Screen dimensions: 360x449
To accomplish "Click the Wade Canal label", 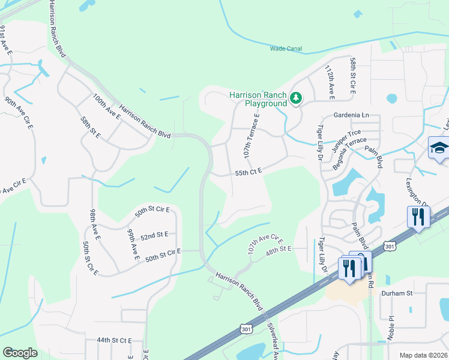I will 286,49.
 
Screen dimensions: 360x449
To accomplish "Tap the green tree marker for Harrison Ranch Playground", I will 295,97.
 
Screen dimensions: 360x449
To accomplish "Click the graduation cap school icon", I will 439,148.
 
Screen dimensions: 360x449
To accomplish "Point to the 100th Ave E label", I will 106,104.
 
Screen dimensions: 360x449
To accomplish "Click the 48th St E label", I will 279,248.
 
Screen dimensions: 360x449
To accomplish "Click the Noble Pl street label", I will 390,328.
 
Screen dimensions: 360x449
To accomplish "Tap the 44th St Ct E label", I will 114,340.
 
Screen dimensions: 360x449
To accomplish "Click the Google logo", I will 20,353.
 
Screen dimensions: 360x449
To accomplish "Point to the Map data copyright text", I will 423,355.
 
